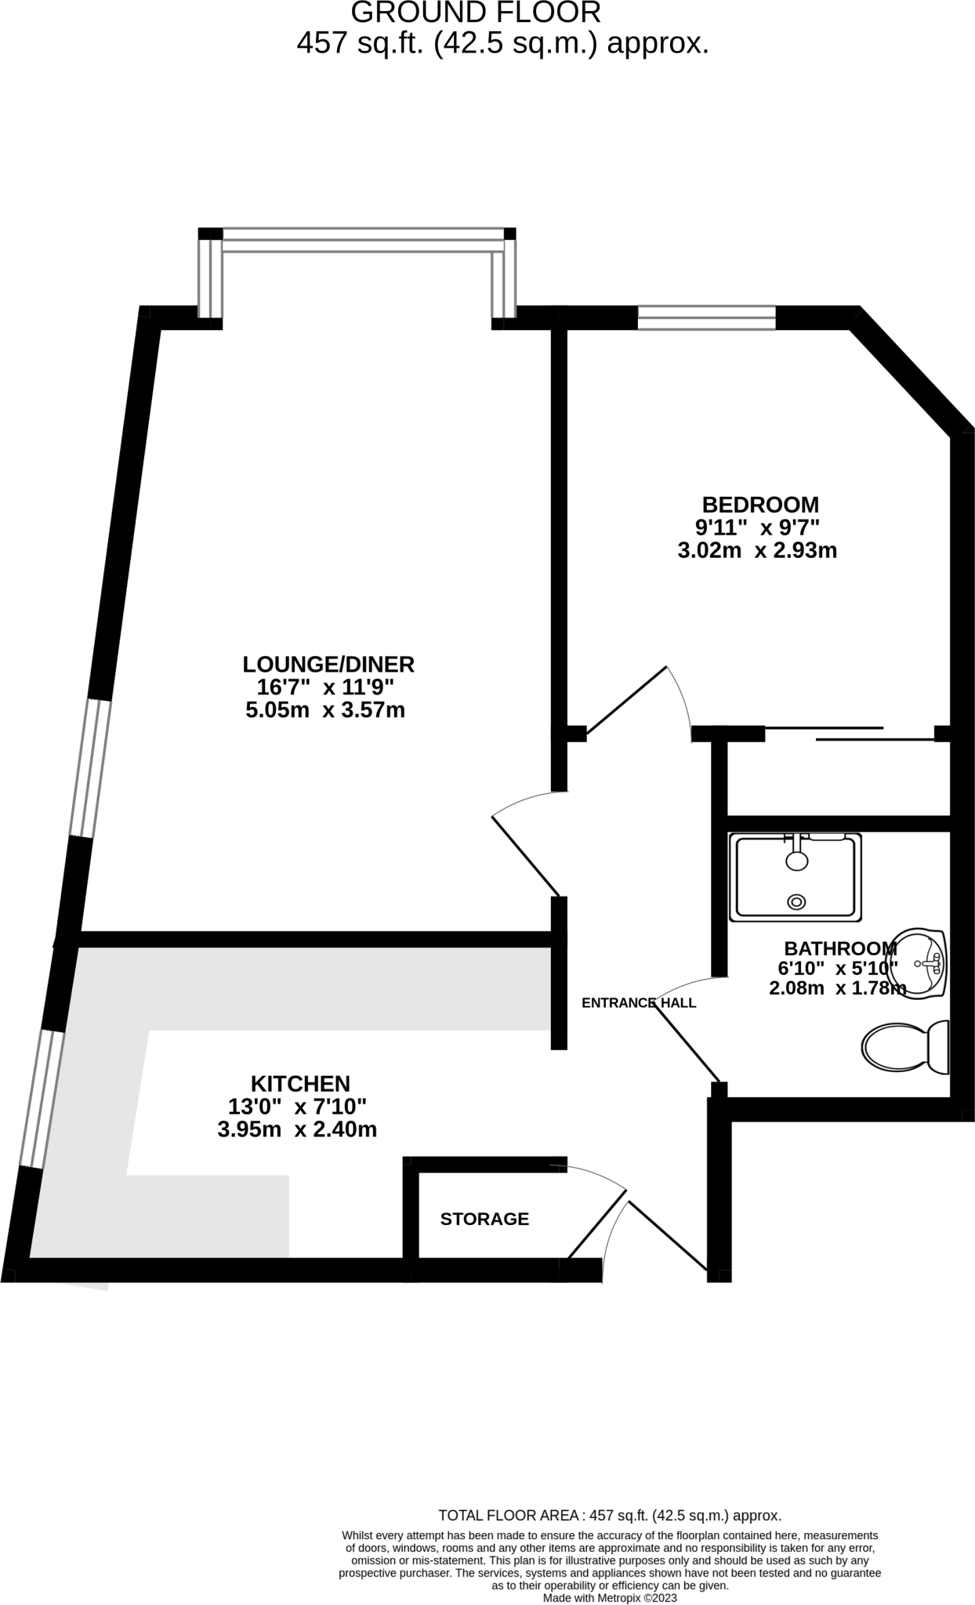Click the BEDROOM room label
pyautogui.click(x=759, y=504)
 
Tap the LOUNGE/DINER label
pyautogui.click(x=328, y=665)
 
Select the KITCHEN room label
pyautogui.click(x=300, y=1084)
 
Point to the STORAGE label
pyautogui.click(x=484, y=1219)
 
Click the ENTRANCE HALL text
pyautogui.click(x=639, y=1002)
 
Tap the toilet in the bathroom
pyautogui.click(x=905, y=1047)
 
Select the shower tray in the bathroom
pyautogui.click(x=795, y=876)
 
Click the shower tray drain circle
pyautogui.click(x=797, y=902)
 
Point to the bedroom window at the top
pyautogui.click(x=707, y=317)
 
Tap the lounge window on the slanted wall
pyautogui.click(x=90, y=768)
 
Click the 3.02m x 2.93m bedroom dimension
pyautogui.click(x=757, y=551)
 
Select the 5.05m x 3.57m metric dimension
pyautogui.click(x=325, y=711)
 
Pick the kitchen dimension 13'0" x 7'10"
pyautogui.click(x=297, y=1107)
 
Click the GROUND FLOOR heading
pyautogui.click(x=476, y=13)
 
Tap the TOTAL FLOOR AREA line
pyautogui.click(x=610, y=1516)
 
